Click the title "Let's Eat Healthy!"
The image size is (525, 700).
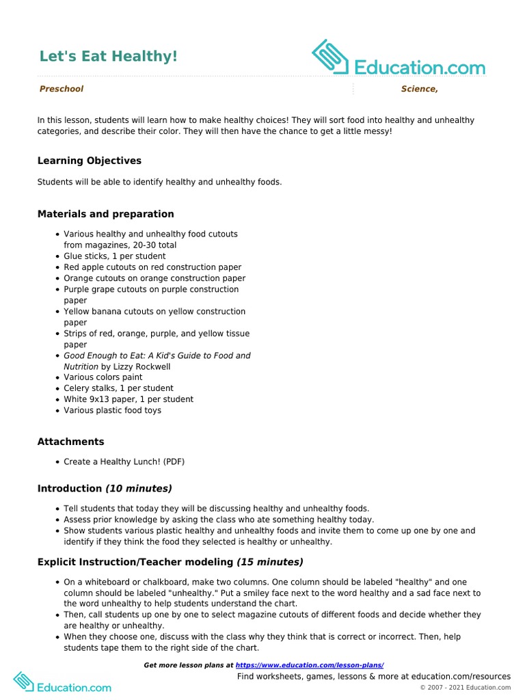(109, 56)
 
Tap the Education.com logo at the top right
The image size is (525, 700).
(399, 59)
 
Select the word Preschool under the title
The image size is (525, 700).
(62, 89)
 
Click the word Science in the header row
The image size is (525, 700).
(419, 89)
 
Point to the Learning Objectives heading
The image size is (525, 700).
(90, 161)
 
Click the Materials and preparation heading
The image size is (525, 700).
(105, 214)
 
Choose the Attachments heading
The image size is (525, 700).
(71, 442)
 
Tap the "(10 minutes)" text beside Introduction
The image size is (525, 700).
(139, 489)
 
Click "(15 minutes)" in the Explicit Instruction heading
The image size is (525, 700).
(270, 562)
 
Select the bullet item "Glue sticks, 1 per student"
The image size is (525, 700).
(115, 256)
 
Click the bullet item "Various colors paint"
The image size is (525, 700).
(103, 377)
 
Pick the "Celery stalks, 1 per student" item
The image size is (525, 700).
(119, 388)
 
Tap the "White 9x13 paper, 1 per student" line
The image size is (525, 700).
(129, 399)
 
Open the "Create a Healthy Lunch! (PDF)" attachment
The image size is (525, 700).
(124, 462)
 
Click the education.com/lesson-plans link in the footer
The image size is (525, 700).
(310, 665)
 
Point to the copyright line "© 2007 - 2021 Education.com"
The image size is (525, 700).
(466, 687)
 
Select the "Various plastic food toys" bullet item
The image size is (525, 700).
(113, 410)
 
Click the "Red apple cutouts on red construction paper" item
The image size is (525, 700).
(152, 267)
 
